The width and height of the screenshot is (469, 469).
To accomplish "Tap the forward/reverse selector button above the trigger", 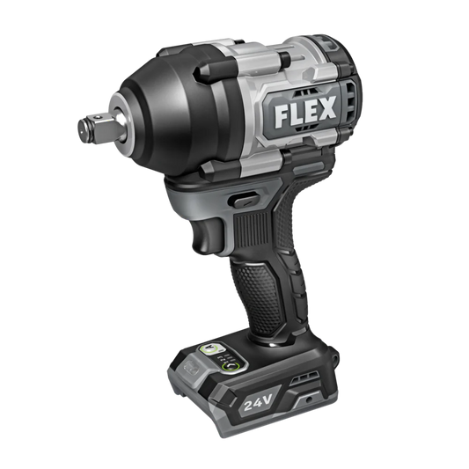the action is tap(245, 200).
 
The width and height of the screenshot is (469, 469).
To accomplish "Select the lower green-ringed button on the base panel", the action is tap(231, 366).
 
